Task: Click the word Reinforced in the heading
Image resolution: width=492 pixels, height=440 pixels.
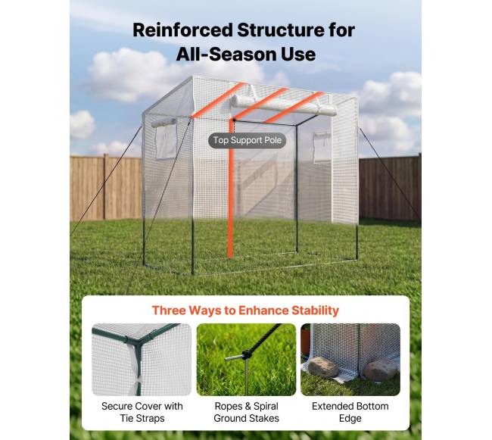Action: (182, 30)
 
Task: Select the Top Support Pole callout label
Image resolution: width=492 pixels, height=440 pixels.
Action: (248, 140)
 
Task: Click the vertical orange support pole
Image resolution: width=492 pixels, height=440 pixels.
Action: (232, 189)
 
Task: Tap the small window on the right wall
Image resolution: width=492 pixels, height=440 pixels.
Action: (322, 148)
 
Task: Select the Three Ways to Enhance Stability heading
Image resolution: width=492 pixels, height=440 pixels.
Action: (245, 310)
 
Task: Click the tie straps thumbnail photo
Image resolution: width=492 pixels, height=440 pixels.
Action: (142, 359)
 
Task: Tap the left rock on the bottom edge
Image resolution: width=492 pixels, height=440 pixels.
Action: (323, 367)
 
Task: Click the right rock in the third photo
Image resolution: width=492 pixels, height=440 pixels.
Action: (381, 370)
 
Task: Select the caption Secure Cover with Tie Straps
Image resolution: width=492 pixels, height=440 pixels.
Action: (142, 412)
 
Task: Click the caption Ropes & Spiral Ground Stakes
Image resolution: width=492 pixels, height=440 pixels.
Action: (246, 412)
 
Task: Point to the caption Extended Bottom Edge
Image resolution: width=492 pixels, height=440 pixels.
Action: (350, 412)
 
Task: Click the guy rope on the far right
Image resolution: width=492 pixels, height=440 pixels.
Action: (390, 173)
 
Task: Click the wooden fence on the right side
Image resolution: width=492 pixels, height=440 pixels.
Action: (390, 188)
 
